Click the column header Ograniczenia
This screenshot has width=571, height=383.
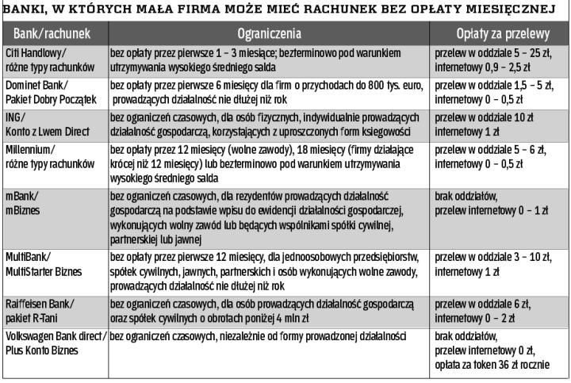[270, 36]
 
